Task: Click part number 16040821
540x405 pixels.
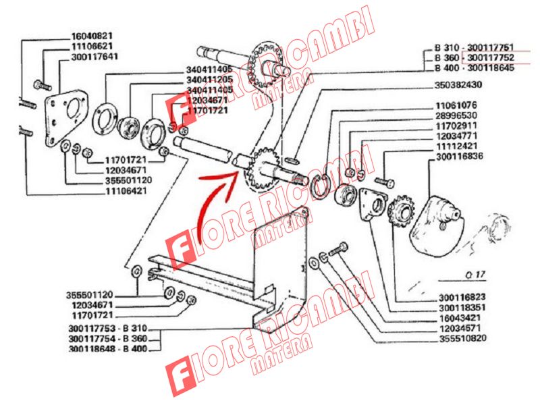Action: coord(92,36)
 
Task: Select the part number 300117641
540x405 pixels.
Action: coord(94,57)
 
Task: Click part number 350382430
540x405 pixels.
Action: coord(458,85)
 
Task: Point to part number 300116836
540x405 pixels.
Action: coord(460,157)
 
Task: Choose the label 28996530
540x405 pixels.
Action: coord(456,115)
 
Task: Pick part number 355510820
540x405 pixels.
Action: coord(463,339)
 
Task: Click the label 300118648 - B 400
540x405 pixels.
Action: coord(108,349)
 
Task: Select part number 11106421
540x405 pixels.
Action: coord(126,190)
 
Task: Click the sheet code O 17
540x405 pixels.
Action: coord(475,275)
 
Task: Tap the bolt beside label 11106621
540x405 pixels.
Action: coord(43,85)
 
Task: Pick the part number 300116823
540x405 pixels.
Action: coord(462,297)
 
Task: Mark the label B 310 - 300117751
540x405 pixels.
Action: coord(474,47)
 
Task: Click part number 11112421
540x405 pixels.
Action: coord(457,146)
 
